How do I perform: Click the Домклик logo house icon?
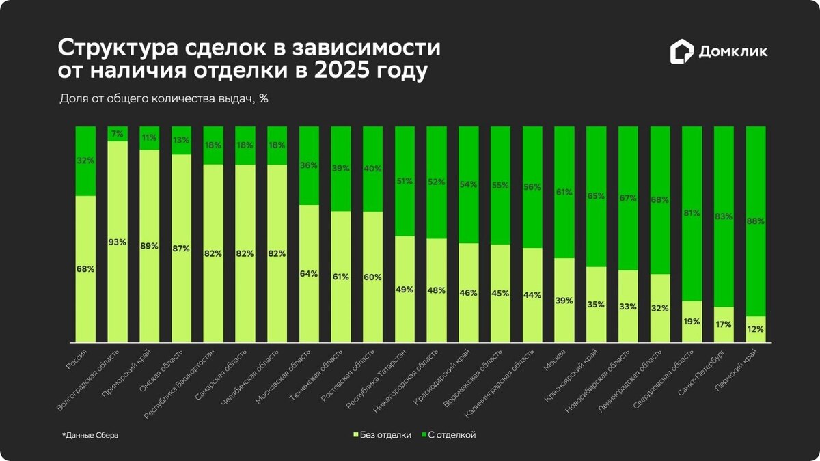coord(681,52)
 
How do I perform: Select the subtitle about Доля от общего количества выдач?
coord(164,98)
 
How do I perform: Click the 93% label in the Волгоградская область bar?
coord(117,242)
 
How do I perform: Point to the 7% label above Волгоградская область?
coord(117,134)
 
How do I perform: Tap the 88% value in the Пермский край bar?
coord(756,221)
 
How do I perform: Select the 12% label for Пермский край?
coord(756,329)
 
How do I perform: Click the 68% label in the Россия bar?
coord(85,269)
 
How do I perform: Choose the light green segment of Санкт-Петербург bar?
coord(724,325)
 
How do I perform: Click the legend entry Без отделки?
coord(382,435)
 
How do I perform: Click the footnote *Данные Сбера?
coord(90,435)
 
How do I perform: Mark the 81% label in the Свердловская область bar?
coord(692,213)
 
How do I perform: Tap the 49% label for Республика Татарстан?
coord(405,290)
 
